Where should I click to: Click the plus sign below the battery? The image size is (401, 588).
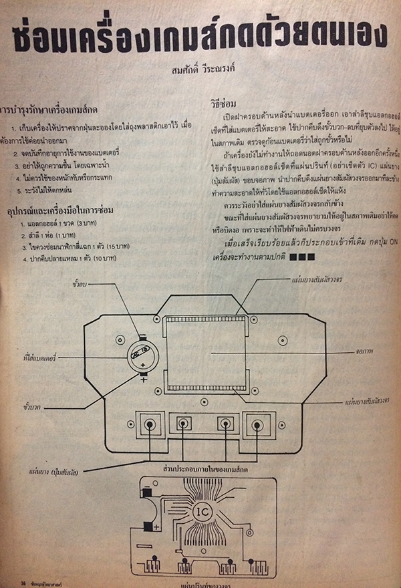143,380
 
